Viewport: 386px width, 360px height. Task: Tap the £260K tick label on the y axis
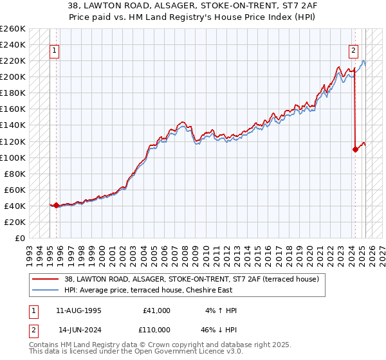[13, 29]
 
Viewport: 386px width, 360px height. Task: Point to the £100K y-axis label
[13, 157]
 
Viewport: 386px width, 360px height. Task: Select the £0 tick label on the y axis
[19, 238]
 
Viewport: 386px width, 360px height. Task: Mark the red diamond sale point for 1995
[56, 206]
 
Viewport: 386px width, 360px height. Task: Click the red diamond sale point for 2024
[355, 149]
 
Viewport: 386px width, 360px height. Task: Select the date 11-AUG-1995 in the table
[78, 310]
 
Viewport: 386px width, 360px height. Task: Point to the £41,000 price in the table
[156, 310]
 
